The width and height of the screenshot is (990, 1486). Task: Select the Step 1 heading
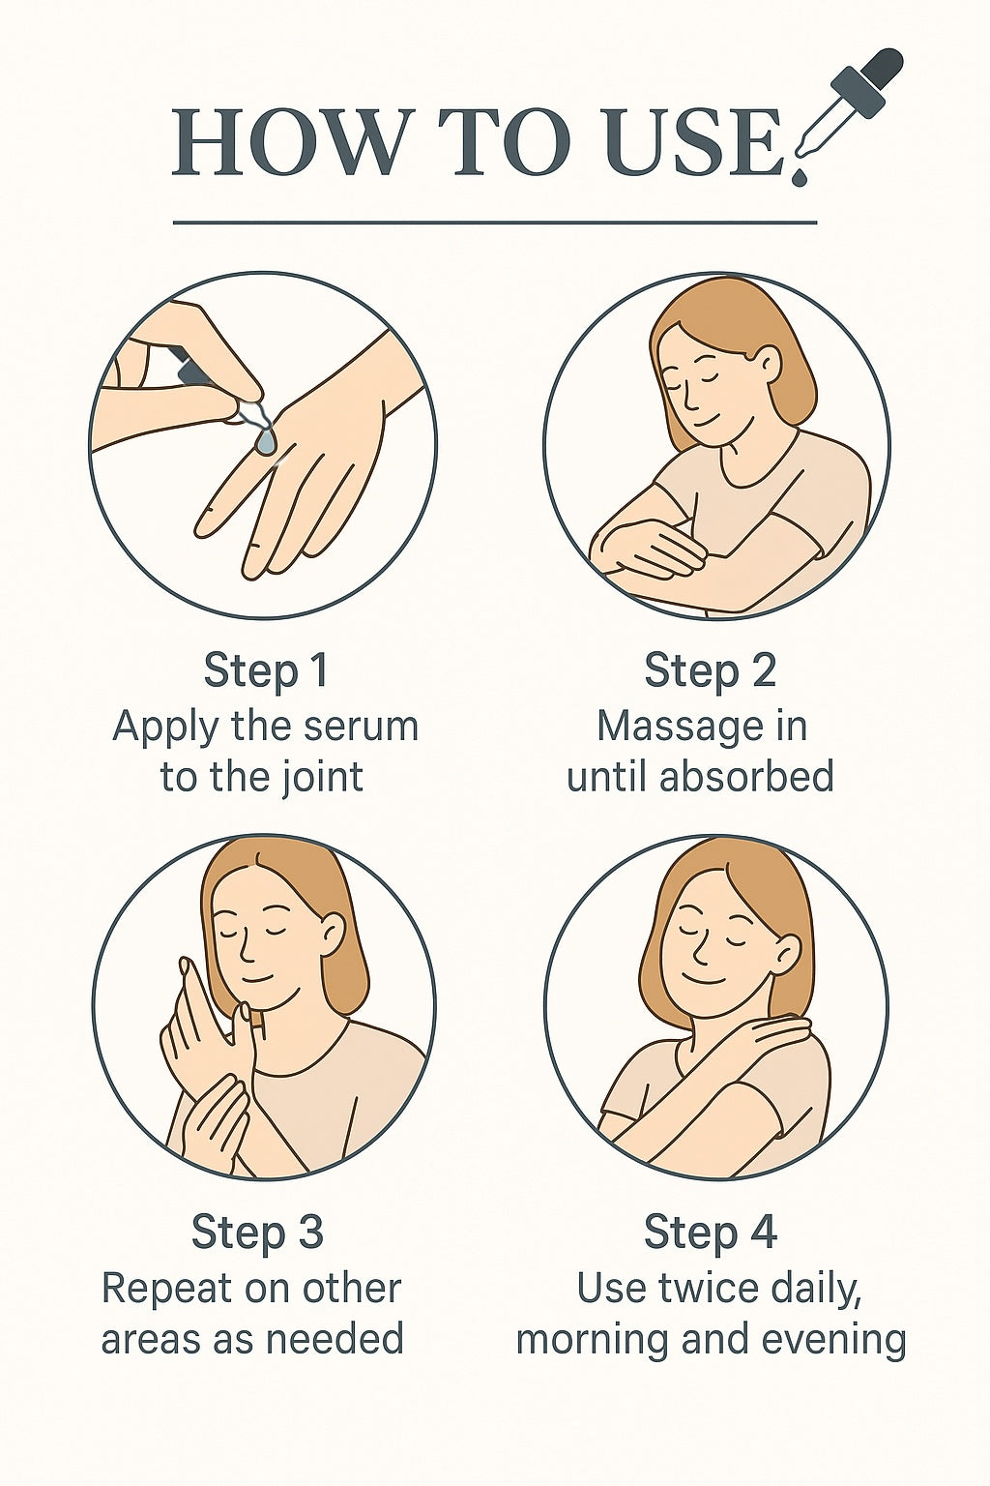(x=265, y=670)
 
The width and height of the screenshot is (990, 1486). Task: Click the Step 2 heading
(x=710, y=670)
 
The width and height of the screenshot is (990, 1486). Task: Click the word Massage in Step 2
(x=664, y=728)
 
